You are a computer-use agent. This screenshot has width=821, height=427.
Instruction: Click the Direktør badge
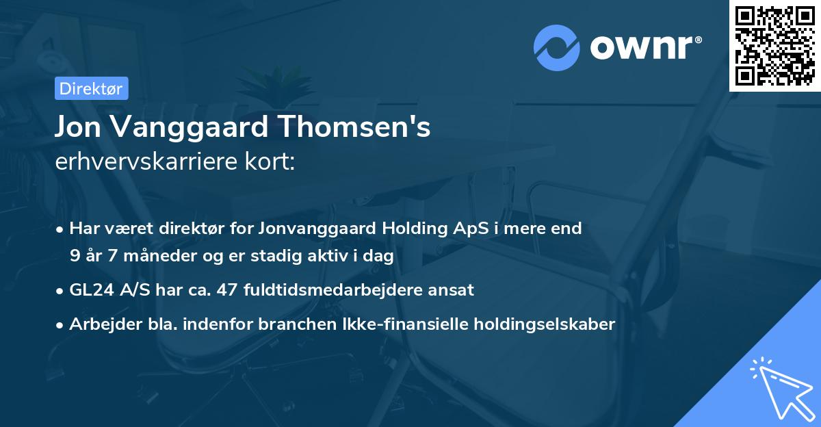coord(91,88)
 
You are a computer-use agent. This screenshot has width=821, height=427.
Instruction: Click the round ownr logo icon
coord(557,47)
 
